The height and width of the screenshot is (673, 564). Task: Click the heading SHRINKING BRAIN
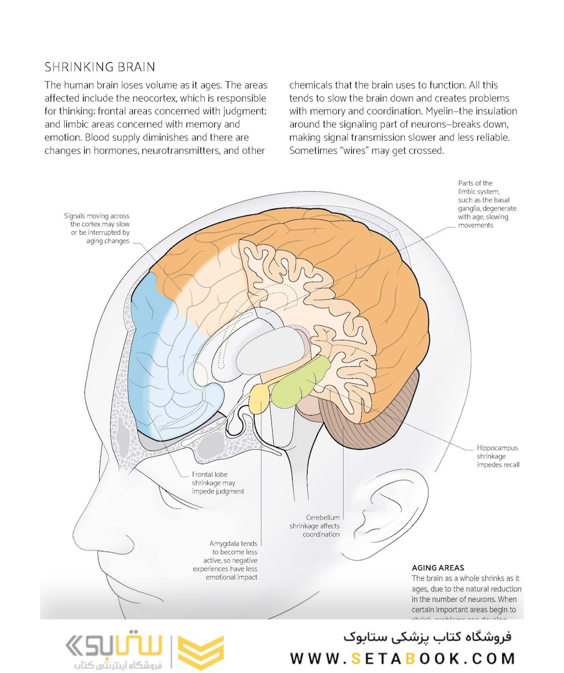click(x=100, y=67)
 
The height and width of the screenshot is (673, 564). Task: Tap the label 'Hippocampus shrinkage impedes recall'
click(x=498, y=456)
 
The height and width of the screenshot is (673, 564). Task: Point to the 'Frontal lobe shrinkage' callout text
click(x=218, y=482)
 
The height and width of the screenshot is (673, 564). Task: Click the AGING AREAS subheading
click(x=438, y=568)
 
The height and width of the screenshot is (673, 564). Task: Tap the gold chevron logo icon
click(x=200, y=652)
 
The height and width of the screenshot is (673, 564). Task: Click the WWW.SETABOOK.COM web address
click(x=402, y=658)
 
